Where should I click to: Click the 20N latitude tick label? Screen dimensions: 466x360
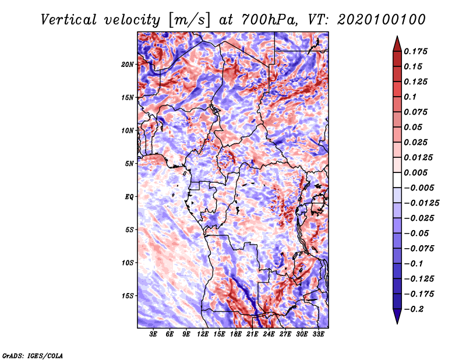pos(128,65)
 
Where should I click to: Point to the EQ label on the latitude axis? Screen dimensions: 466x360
pos(129,197)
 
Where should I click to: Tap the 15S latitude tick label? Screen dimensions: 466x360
pos(128,296)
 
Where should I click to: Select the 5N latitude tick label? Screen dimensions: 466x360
pos(129,164)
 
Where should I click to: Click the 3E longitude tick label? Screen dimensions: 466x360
pos(153,334)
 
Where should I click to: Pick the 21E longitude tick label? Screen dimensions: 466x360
pos(252,334)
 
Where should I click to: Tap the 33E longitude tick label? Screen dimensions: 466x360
pos(318,334)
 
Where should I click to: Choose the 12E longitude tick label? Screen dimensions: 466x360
pos(203,334)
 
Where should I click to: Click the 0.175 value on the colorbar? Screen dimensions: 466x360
pos(415,51)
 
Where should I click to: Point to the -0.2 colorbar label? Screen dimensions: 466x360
pos(414,309)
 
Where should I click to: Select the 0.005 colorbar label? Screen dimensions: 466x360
pos(415,172)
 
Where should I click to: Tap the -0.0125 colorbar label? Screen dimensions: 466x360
pos(421,203)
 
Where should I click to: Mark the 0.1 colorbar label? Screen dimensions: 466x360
pos(410,97)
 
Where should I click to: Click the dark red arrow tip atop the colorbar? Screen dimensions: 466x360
pos(397,37)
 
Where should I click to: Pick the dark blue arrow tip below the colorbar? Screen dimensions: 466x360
pos(397,323)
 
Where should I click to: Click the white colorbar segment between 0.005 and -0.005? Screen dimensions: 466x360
pos(397,180)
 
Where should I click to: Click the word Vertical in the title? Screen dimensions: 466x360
pos(69,20)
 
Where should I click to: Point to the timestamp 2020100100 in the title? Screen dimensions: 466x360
pos(382,20)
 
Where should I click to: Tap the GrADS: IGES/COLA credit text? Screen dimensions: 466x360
pos(33,356)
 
